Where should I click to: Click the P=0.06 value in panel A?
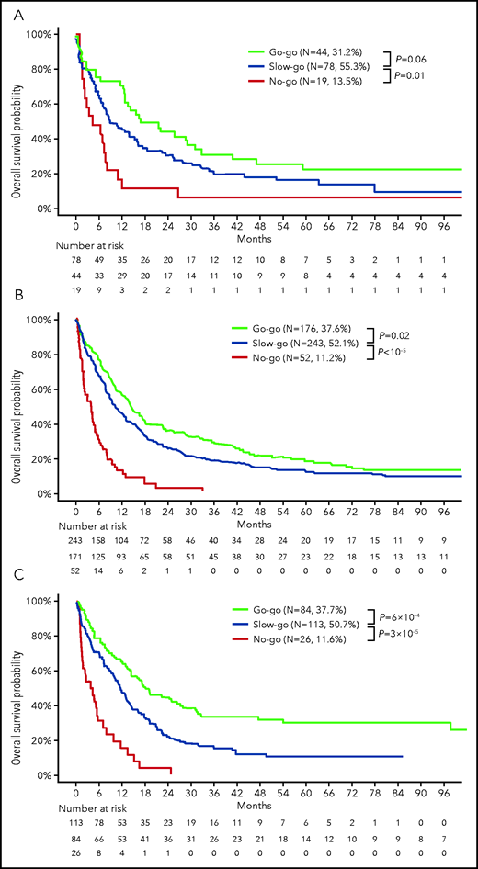coord(431,59)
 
